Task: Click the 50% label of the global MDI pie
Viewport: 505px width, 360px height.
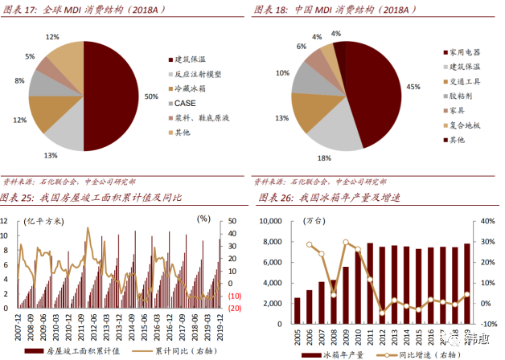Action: [151, 96]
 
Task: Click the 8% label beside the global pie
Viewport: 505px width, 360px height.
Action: [18, 82]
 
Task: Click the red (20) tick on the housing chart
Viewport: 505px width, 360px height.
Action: [236, 308]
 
